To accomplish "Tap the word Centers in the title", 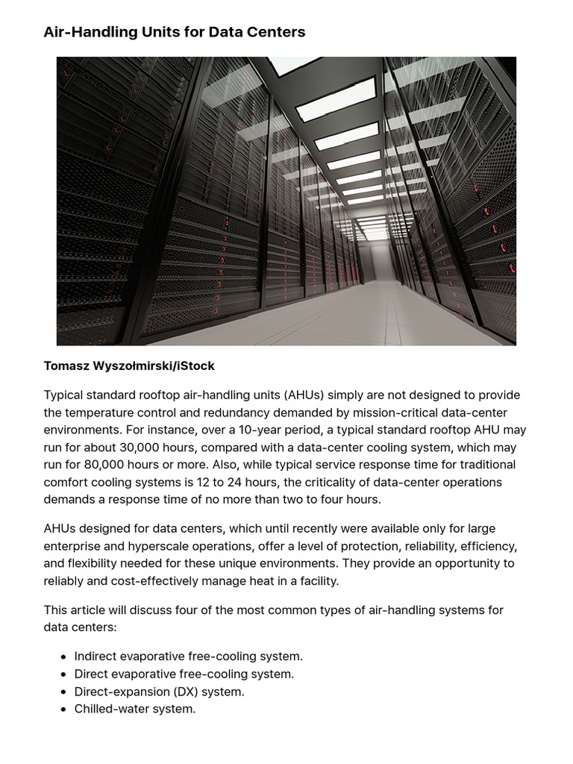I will [x=275, y=32].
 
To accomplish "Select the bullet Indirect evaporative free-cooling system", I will [x=188, y=657].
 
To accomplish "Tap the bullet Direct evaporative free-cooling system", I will [x=184, y=674].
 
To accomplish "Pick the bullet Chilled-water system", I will [x=134, y=709].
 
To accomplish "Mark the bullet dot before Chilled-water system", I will [x=63, y=710].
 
